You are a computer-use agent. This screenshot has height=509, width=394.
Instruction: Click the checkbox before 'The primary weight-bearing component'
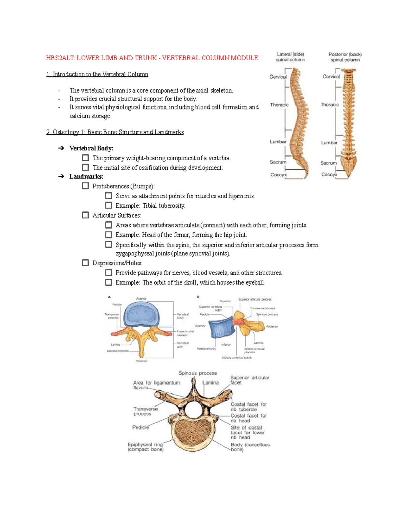85,158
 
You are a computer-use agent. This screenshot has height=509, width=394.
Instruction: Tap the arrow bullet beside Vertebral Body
61,148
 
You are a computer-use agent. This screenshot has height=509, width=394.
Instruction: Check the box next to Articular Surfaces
85,215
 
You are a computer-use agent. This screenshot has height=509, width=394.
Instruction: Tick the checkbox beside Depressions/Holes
85,263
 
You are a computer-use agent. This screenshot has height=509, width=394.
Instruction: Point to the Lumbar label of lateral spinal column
278,142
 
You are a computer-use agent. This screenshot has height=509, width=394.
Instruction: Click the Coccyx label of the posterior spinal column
329,174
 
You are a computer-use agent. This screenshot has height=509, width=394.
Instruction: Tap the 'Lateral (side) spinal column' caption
290,57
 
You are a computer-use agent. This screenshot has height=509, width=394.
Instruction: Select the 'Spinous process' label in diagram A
118,351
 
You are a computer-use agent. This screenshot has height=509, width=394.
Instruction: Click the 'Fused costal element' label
185,333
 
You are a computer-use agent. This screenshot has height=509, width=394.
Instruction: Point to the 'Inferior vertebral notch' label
237,358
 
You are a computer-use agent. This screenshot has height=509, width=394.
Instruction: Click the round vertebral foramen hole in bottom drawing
194,408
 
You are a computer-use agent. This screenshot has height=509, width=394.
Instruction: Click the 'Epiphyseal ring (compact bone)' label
145,447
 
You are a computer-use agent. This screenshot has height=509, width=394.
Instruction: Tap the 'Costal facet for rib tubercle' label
249,407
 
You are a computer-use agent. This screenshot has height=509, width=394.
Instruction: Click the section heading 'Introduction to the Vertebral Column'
98,74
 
